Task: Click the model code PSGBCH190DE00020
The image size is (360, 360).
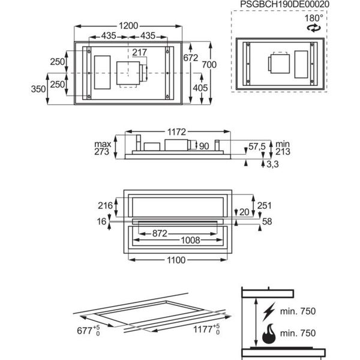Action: click(x=284, y=4)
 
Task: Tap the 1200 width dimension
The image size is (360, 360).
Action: click(x=128, y=26)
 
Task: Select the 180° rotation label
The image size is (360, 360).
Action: click(x=314, y=18)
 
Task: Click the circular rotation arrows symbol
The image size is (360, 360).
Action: click(x=314, y=28)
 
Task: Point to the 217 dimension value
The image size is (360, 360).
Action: click(x=139, y=52)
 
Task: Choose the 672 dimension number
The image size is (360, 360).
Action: click(x=191, y=58)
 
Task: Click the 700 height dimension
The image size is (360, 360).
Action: click(x=209, y=65)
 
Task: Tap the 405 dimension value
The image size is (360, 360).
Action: click(x=200, y=88)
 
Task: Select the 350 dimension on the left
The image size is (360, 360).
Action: click(x=38, y=89)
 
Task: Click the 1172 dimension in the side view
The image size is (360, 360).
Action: click(x=176, y=132)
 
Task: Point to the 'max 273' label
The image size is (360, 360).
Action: click(x=103, y=148)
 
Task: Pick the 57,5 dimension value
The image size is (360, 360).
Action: click(x=257, y=146)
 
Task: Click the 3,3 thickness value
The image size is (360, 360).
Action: click(x=272, y=164)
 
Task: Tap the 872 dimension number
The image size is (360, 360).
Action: click(x=160, y=233)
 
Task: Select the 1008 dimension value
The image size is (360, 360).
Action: click(x=191, y=241)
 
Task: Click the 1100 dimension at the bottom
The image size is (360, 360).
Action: click(x=176, y=260)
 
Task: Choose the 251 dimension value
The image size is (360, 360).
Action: click(x=265, y=205)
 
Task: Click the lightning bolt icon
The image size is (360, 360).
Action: click(x=269, y=311)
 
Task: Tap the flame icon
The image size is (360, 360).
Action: click(x=269, y=334)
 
